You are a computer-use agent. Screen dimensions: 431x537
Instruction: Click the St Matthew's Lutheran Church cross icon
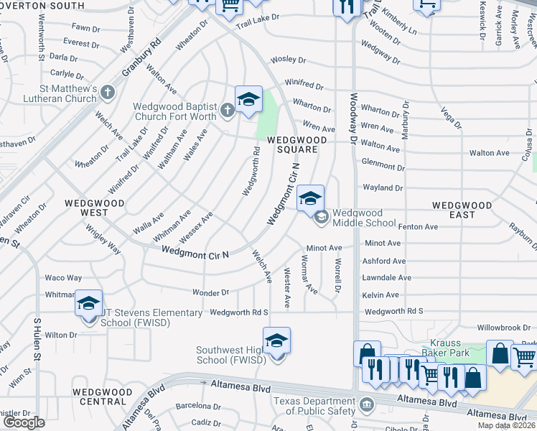click(108, 92)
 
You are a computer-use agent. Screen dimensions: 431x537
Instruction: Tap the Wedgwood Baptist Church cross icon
click(227, 109)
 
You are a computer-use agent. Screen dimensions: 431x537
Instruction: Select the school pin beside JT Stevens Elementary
click(89, 305)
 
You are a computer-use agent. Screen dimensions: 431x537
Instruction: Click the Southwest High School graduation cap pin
click(276, 342)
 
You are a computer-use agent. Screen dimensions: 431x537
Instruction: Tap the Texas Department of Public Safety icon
click(368, 404)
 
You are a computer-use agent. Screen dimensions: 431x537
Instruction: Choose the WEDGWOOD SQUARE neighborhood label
click(293, 145)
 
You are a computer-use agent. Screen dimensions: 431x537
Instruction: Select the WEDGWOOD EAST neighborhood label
click(462, 210)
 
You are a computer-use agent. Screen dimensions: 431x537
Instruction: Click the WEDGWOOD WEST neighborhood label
click(95, 208)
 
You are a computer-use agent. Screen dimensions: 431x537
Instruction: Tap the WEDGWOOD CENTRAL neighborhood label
click(102, 397)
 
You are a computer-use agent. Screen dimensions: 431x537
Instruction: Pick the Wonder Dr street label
click(210, 292)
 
